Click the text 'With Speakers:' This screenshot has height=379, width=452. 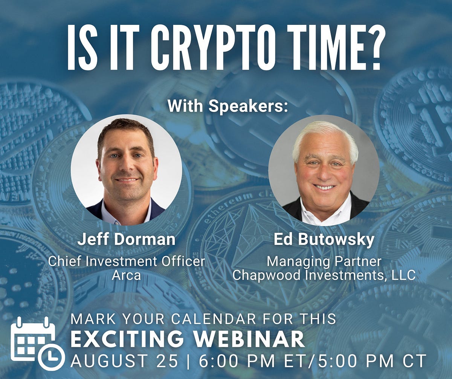(228, 106)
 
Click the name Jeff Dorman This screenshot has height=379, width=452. (127, 240)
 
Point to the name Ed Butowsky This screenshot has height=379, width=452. (324, 240)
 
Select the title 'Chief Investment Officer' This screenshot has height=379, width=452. (127, 261)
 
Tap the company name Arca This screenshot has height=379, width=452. (127, 275)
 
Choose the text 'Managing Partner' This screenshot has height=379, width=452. (324, 261)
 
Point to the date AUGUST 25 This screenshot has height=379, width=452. (124, 361)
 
